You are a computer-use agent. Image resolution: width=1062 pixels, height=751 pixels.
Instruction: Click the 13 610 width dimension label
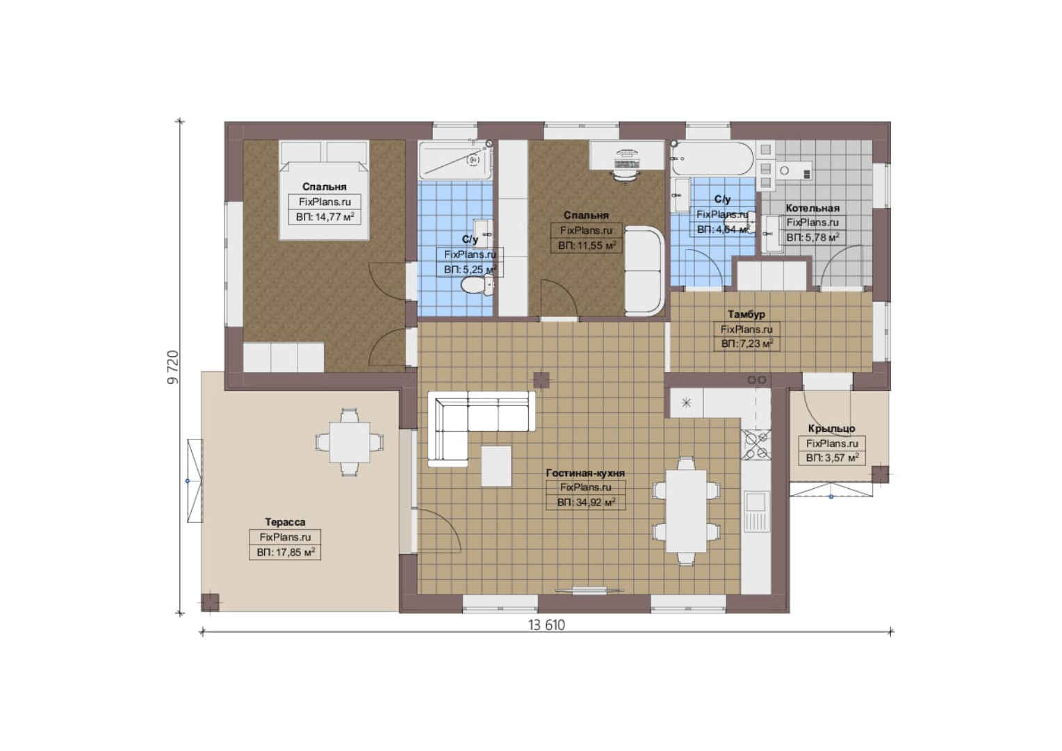point(547,625)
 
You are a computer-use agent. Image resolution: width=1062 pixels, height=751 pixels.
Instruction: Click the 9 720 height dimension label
point(174,366)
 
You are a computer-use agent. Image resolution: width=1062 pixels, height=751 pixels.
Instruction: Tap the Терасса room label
point(285,522)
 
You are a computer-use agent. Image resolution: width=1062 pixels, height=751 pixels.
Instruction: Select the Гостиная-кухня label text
point(585,473)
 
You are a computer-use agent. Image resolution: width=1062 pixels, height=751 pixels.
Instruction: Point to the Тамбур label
point(746,314)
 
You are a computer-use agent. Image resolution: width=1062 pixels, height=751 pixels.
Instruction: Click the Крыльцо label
point(832,428)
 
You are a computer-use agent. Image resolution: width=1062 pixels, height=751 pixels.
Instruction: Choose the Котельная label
point(812,208)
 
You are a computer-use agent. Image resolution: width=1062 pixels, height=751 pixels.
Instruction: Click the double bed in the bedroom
point(325,190)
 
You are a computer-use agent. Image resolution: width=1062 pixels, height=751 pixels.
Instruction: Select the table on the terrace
point(350,442)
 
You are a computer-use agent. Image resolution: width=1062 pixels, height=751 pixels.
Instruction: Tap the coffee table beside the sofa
point(496,466)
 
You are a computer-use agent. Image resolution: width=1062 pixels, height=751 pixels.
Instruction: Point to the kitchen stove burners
point(755,444)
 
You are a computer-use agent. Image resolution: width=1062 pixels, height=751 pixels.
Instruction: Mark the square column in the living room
point(541,380)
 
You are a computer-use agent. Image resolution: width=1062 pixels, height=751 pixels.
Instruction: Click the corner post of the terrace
point(210,602)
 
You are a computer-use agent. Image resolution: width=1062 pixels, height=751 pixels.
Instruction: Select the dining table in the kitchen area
point(686,511)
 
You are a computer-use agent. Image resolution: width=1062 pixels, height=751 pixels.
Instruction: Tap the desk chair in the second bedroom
point(626,175)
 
